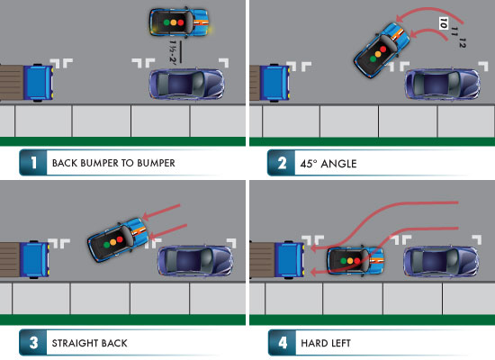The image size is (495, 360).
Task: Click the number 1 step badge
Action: tap(32, 163)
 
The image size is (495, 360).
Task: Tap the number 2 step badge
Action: tap(280, 163)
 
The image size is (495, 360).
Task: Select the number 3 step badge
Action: tap(32, 343)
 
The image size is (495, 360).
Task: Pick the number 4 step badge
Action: tap(280, 343)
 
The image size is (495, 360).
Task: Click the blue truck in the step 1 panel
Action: tap(34, 83)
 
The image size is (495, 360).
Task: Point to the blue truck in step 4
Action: tap(285, 261)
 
